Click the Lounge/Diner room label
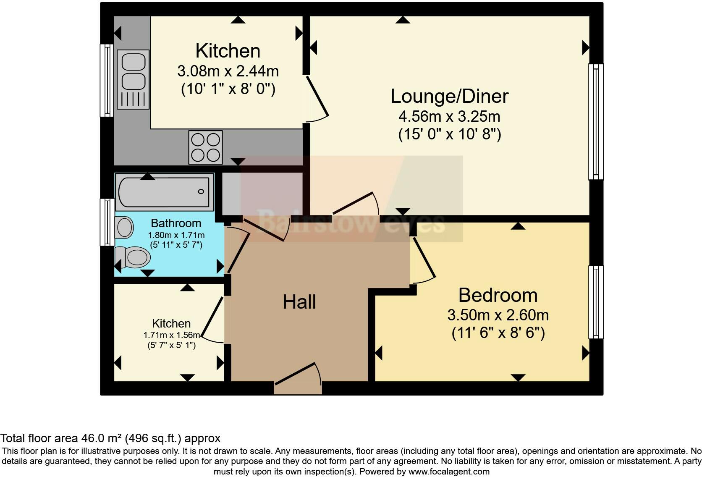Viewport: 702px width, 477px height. click(x=449, y=96)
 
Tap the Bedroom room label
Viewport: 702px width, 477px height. click(x=498, y=295)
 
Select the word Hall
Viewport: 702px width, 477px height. click(x=299, y=302)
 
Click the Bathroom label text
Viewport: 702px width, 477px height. click(x=176, y=223)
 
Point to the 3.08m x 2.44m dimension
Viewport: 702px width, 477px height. click(x=228, y=71)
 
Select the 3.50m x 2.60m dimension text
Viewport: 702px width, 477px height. click(x=498, y=315)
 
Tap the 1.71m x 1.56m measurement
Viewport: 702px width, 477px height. click(x=171, y=335)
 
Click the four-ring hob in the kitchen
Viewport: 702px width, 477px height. click(x=205, y=147)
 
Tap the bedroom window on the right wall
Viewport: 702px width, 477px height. click(x=596, y=302)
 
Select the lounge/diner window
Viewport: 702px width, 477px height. click(x=596, y=121)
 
